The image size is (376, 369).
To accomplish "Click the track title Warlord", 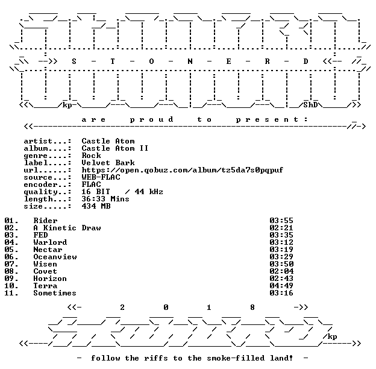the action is [x=50, y=242].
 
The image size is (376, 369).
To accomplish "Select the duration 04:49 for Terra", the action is [x=281, y=286].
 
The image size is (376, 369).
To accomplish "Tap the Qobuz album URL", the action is [x=182, y=170].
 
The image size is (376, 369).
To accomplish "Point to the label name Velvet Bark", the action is [x=108, y=163].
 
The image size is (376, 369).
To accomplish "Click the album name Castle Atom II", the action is [x=115, y=148].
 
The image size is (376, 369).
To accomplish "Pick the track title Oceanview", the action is [x=55, y=257].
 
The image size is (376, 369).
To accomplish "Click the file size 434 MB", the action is [x=96, y=206].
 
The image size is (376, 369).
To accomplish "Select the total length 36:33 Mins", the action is [x=105, y=199].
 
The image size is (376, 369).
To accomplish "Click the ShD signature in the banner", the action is [x=310, y=105].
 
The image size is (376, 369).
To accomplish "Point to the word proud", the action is [x=151, y=119].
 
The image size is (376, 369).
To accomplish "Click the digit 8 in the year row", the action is [x=252, y=307].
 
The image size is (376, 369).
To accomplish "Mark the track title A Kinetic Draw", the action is [x=67, y=228].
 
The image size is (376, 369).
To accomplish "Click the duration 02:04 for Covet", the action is [x=281, y=271].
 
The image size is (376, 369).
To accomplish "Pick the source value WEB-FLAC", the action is [x=101, y=177].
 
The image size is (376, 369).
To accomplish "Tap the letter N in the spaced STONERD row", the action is [x=190, y=61].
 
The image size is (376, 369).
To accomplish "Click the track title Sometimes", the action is [x=55, y=293].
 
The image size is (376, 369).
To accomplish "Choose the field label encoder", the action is [x=40, y=184].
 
